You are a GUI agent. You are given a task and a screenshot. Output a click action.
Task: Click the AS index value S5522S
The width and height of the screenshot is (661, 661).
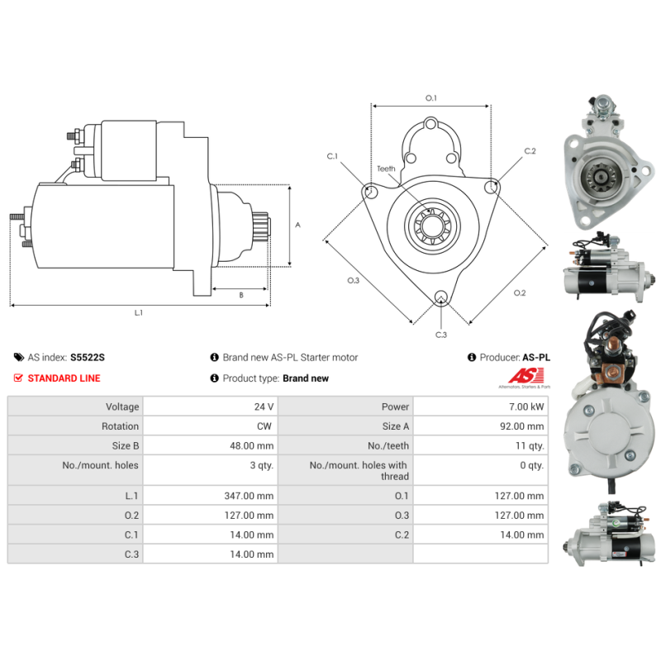tap(88, 358)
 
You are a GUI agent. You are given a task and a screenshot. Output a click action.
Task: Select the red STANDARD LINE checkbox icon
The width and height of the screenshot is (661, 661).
tap(18, 378)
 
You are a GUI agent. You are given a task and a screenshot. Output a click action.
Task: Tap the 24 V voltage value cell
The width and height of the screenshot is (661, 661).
tap(264, 407)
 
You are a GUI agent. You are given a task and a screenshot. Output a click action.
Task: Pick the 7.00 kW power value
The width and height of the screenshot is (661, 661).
tap(526, 407)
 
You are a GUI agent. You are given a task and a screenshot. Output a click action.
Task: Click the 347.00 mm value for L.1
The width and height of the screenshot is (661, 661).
tap(249, 496)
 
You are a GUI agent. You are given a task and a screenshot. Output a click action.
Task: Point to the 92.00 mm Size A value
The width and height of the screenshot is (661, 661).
tap(522, 426)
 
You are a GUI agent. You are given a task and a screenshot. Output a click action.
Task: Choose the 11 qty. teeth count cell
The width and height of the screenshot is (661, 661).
tap(530, 445)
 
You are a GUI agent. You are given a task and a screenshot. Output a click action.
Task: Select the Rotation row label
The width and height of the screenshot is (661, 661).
tap(120, 426)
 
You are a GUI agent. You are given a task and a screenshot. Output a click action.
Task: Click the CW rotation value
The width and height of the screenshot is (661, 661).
tap(264, 426)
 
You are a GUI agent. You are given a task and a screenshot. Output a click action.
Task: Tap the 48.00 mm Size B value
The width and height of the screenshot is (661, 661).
tap(252, 445)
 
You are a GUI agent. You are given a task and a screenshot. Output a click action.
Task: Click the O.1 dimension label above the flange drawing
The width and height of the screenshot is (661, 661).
tap(430, 98)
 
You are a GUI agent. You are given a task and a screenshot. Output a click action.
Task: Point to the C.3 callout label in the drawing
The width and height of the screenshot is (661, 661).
tap(441, 335)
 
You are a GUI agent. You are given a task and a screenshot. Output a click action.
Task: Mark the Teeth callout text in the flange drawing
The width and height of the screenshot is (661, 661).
tap(386, 169)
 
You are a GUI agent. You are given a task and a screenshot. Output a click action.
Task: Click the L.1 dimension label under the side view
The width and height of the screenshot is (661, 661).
tap(139, 313)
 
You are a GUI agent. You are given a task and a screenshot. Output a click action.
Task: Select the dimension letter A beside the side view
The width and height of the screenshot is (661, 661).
tap(297, 225)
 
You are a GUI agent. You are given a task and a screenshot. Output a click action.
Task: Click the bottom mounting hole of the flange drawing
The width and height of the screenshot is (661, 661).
tap(441, 297)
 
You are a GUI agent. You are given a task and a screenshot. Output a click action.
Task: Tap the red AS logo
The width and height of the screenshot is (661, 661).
tap(525, 375)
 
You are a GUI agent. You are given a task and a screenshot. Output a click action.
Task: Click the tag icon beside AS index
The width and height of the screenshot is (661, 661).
tap(19, 358)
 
